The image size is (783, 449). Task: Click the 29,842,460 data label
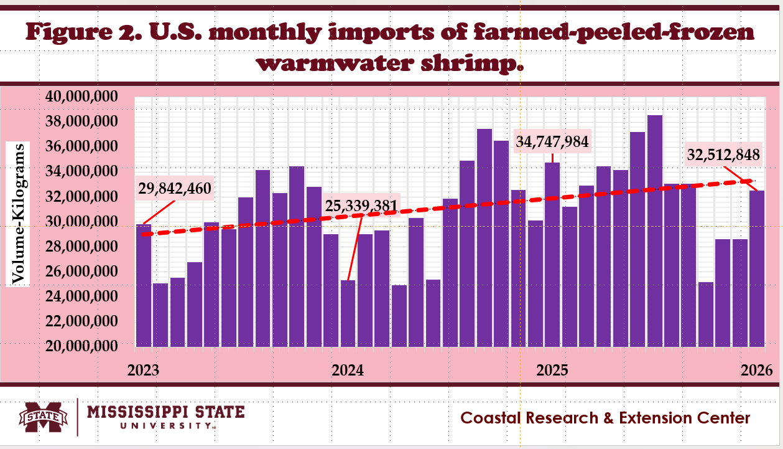[175, 189]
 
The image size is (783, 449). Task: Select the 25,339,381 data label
[362, 204]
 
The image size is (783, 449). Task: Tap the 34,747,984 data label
[552, 141]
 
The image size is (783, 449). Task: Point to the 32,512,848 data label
[723, 155]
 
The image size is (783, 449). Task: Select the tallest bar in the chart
[654, 230]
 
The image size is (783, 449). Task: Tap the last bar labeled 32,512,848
[757, 268]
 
